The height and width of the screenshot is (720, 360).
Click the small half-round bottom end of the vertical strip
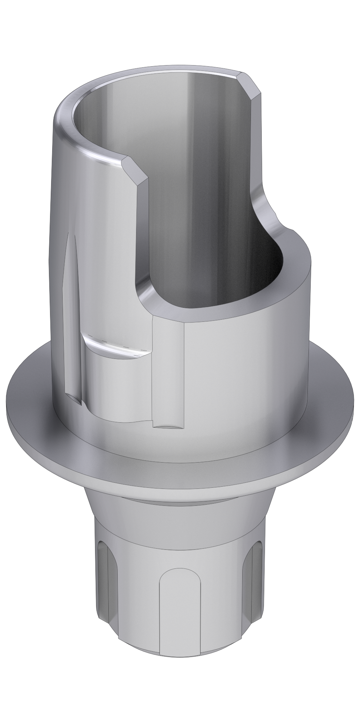pyautogui.click(x=168, y=426)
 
